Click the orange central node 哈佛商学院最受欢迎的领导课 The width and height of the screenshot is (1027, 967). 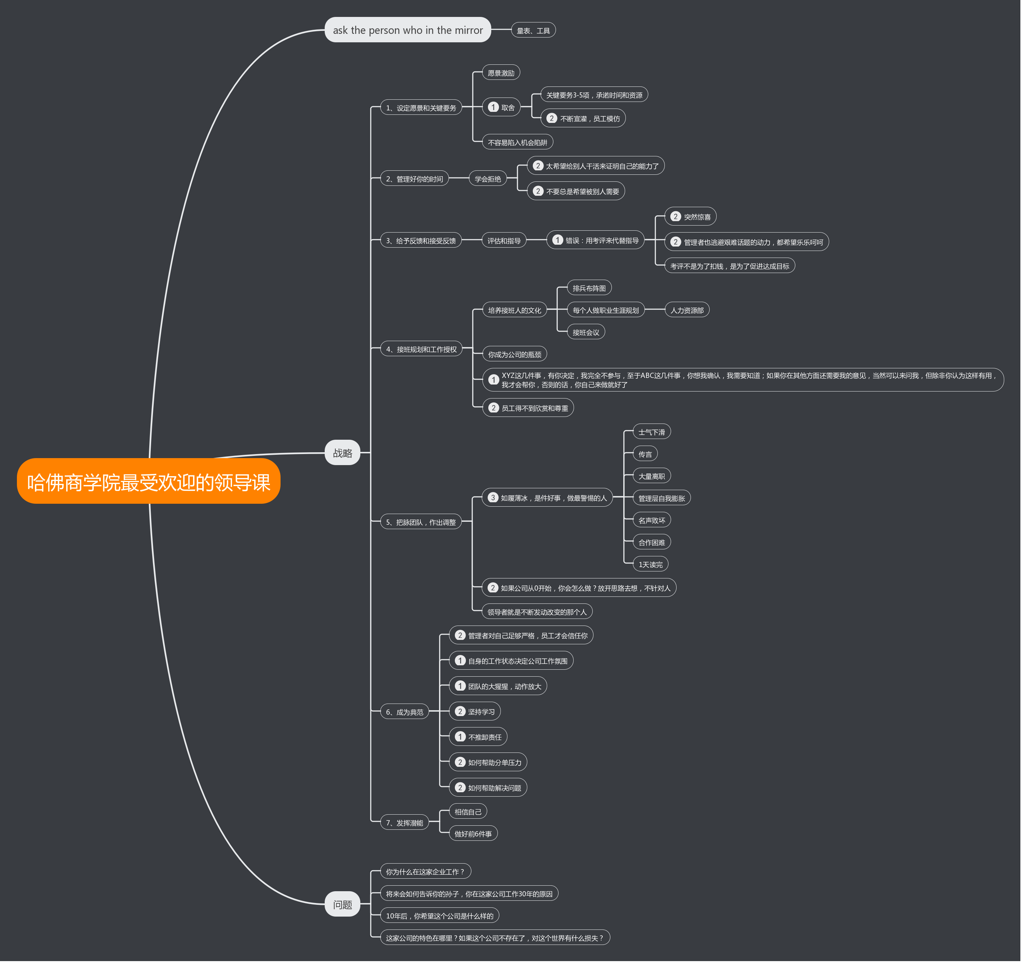149,481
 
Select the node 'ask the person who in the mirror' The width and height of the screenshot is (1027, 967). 407,30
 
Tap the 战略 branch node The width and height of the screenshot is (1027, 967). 342,453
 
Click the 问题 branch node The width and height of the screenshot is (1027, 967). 342,904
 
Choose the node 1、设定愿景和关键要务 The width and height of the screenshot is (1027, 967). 421,107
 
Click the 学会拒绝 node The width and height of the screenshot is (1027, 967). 487,179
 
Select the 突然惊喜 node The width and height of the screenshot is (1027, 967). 690,217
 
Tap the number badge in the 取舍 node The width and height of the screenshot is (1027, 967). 493,107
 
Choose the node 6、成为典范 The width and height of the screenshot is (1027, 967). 404,712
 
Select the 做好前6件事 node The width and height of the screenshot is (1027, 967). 473,834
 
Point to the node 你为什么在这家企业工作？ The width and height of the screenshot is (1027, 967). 425,871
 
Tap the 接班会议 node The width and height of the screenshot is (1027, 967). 585,332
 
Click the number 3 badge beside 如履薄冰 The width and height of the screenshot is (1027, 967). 493,497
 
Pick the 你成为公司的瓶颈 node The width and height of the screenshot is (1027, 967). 514,354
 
